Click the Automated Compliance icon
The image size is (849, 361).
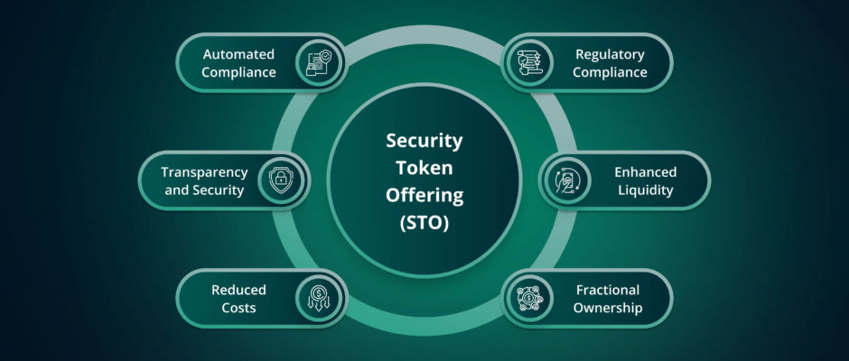[x=318, y=63]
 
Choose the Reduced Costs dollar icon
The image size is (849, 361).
[x=318, y=298]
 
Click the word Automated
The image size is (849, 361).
[x=238, y=54]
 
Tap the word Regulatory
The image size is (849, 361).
[x=610, y=54]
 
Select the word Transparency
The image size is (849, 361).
[x=205, y=172]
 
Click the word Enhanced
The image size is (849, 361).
[x=646, y=172]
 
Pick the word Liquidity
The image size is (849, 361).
[x=646, y=190]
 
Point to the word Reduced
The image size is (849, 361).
[x=238, y=290]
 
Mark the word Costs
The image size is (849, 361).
[x=238, y=308]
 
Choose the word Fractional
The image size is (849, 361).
[x=608, y=290]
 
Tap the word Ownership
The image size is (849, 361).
[x=608, y=308]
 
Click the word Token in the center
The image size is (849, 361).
[x=424, y=168]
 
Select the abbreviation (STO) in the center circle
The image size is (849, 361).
[x=424, y=224]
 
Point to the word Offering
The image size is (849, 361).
[x=424, y=195]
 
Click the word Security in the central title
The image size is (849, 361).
[x=424, y=141]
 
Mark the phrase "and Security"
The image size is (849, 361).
[x=204, y=190]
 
